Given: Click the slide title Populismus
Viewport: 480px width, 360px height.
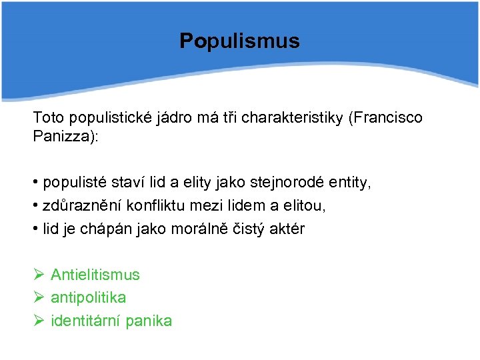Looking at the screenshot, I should click(239, 41).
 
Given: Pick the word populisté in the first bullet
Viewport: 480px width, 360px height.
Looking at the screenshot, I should click(73, 182).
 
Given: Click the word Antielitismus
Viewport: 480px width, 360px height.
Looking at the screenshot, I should click(95, 275).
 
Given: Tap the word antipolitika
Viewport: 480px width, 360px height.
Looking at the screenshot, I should click(88, 297).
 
